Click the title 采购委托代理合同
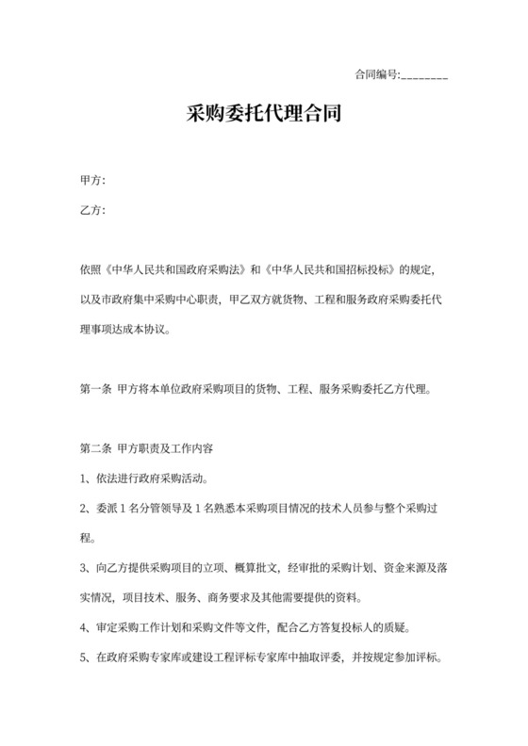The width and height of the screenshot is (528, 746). pyautogui.click(x=264, y=116)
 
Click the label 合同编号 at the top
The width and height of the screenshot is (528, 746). pyautogui.click(x=375, y=74)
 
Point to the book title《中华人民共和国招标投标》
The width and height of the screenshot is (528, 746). pyautogui.click(x=330, y=270)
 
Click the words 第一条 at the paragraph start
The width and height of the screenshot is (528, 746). pyautogui.click(x=96, y=386)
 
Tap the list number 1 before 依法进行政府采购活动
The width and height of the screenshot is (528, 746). pyautogui.click(x=84, y=477)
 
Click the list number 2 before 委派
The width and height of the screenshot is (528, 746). pyautogui.click(x=84, y=508)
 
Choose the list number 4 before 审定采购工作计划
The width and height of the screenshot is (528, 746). pyautogui.click(x=84, y=628)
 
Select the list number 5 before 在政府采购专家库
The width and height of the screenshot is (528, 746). pyautogui.click(x=84, y=658)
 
